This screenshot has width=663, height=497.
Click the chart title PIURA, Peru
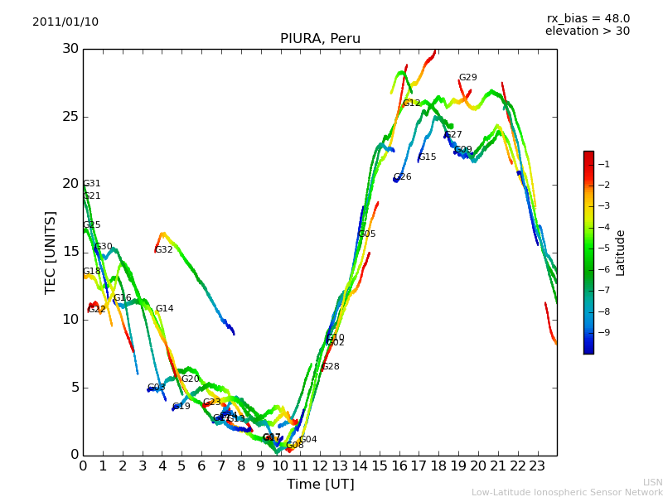click(320, 39)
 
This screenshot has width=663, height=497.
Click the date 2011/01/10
click(65, 22)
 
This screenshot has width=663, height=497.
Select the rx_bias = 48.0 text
click(588, 19)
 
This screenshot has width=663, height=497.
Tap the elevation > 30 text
click(587, 31)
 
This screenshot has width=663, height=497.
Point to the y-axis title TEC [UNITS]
click(51, 252)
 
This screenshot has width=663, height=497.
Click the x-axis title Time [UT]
click(320, 485)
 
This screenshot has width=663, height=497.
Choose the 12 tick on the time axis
click(320, 466)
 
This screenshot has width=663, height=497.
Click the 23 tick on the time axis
click(537, 466)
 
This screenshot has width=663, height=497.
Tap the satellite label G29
click(468, 78)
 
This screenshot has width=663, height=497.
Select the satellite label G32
click(164, 250)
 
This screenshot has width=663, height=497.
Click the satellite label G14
click(165, 309)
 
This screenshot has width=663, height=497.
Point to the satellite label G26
click(403, 177)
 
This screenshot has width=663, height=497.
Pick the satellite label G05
click(367, 234)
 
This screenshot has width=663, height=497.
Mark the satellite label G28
click(331, 367)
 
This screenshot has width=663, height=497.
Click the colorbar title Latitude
click(621, 253)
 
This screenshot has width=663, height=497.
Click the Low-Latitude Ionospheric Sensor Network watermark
click(567, 493)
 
